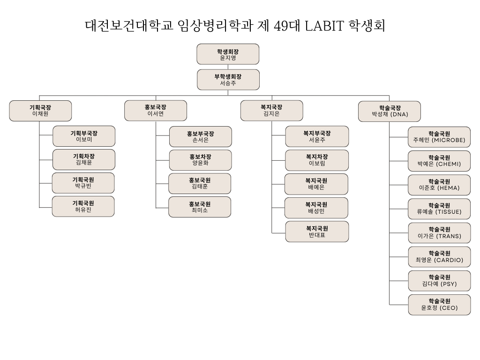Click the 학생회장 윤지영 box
point(228,54)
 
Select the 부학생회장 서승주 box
point(228,80)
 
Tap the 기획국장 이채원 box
point(40,111)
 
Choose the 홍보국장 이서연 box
point(156,111)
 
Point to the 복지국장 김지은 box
point(271,111)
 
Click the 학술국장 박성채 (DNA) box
point(390,111)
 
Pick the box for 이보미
point(84,136)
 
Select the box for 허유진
point(83,206)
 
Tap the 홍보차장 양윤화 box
point(200,160)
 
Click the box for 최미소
point(200,207)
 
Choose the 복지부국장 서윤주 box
point(317,136)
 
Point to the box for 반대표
point(317,232)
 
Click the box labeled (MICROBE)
point(439,137)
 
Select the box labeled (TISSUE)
point(439,209)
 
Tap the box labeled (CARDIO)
point(439,256)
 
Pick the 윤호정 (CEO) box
point(439,305)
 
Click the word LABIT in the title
point(324,26)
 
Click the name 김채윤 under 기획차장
point(84,163)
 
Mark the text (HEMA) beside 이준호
point(448,188)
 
